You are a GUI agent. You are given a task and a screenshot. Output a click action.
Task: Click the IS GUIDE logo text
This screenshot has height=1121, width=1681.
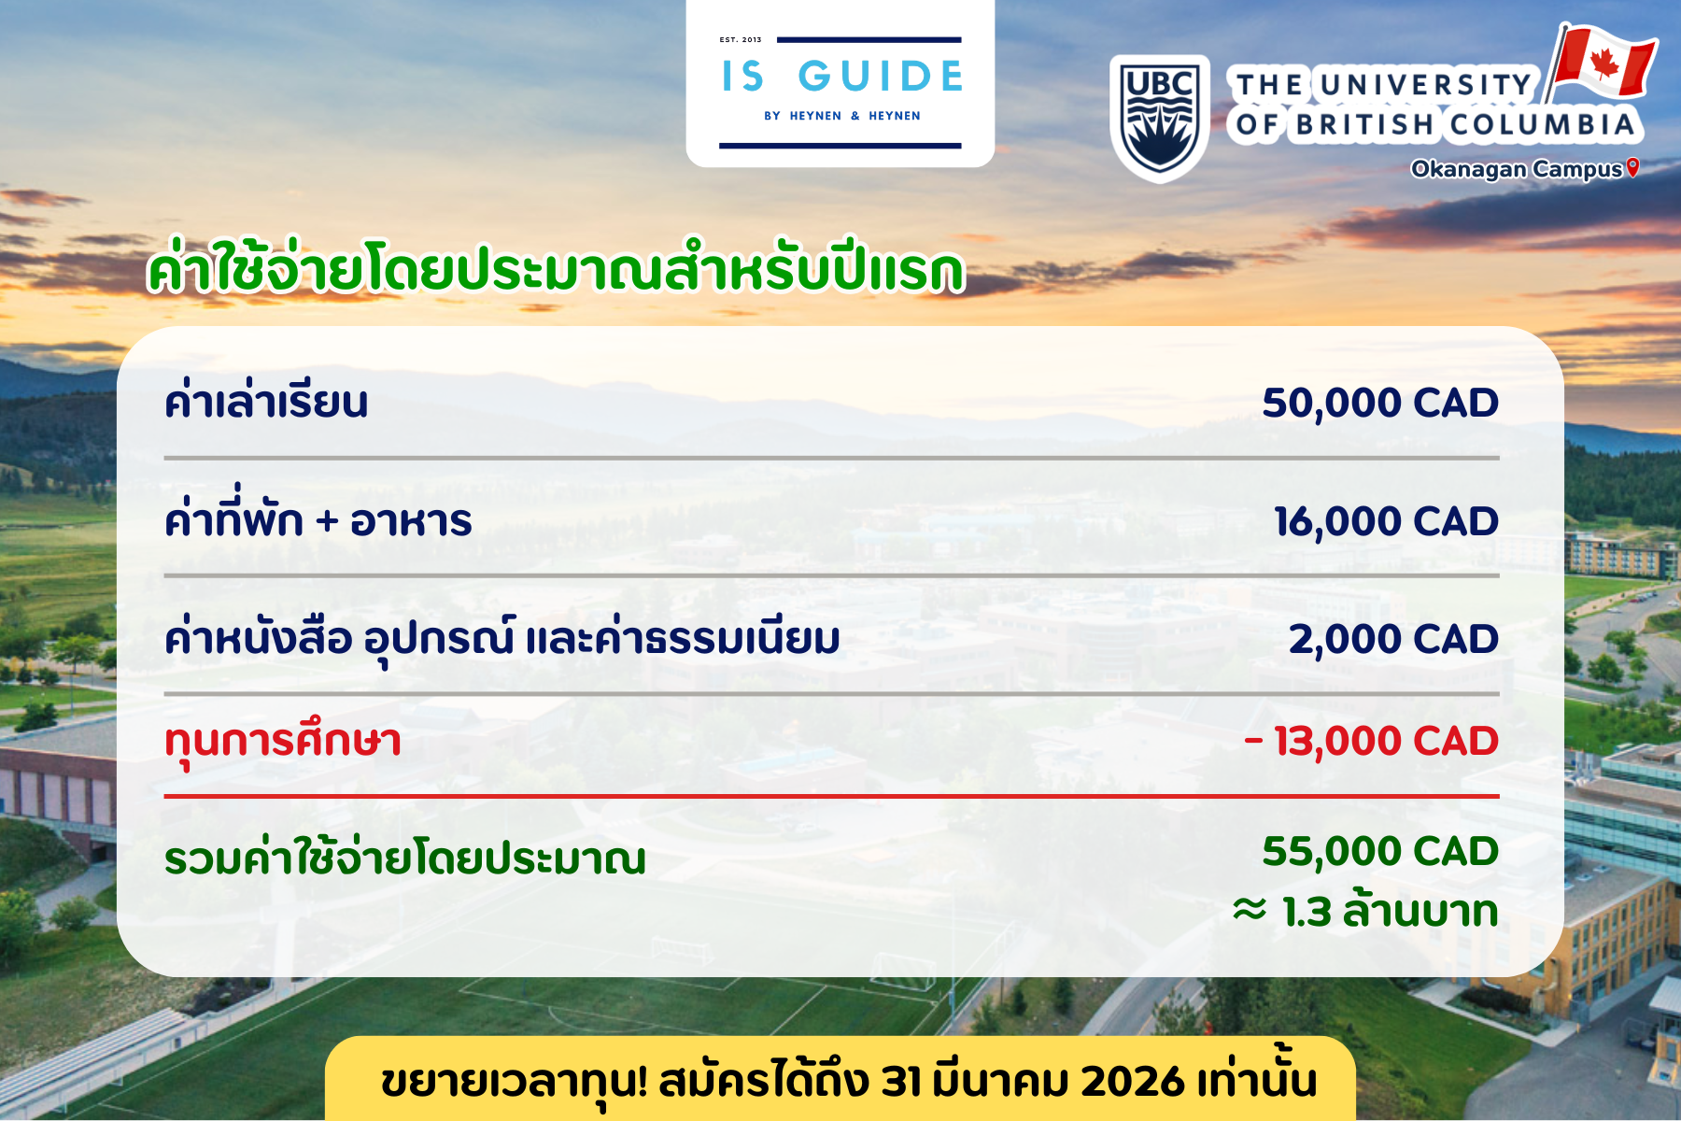pyautogui.click(x=841, y=77)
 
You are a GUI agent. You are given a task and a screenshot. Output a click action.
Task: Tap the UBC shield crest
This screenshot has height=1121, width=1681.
pyautogui.click(x=1160, y=119)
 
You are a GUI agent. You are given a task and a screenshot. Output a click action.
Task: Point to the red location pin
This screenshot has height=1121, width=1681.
pyautogui.click(x=1632, y=167)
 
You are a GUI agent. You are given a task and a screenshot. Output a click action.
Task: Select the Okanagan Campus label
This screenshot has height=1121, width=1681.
pyautogui.click(x=1517, y=169)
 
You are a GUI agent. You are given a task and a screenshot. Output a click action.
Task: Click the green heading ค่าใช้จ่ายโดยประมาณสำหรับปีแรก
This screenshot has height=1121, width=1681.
pyautogui.click(x=556, y=269)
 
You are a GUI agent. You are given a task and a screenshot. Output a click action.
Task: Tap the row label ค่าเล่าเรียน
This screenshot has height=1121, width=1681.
pyautogui.click(x=266, y=403)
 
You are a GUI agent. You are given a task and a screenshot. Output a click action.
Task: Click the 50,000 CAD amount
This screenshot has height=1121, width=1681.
pyautogui.click(x=1380, y=403)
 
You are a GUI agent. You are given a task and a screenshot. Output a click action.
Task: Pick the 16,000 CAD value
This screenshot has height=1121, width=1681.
pyautogui.click(x=1386, y=521)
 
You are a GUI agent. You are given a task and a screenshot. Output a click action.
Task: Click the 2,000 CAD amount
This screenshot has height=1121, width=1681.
pyautogui.click(x=1393, y=640)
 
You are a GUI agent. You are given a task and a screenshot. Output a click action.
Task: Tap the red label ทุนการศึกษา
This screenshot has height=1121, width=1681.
pyautogui.click(x=283, y=743)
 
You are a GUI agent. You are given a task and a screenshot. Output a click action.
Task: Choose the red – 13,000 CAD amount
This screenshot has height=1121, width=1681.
pyautogui.click(x=1371, y=742)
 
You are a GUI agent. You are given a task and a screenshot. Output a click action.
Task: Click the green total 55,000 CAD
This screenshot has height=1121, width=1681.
pyautogui.click(x=1380, y=851)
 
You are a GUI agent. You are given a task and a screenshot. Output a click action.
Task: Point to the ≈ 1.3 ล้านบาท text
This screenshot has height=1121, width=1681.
pyautogui.click(x=1365, y=911)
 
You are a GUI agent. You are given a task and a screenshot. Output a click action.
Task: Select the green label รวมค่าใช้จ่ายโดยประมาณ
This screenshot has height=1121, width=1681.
pyautogui.click(x=405, y=857)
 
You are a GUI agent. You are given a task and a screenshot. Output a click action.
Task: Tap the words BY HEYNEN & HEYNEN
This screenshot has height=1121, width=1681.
pyautogui.click(x=842, y=116)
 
